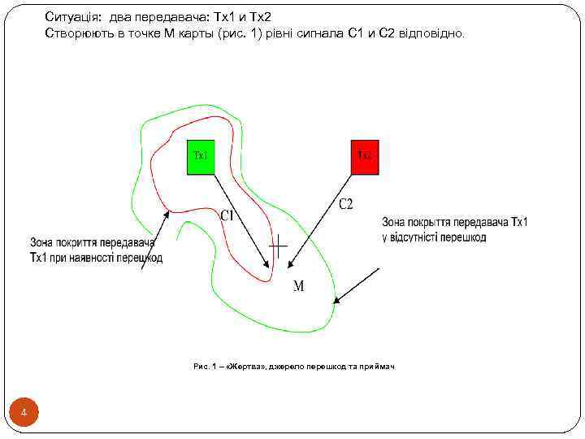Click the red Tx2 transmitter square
click(365, 158)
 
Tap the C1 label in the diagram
click(229, 215)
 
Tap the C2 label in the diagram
click(345, 204)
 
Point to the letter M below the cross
click(298, 286)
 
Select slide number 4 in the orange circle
click(24, 415)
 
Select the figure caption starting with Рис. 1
click(293, 367)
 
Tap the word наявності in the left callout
click(100, 259)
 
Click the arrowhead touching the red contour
click(168, 215)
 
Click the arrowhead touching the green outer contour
click(336, 302)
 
